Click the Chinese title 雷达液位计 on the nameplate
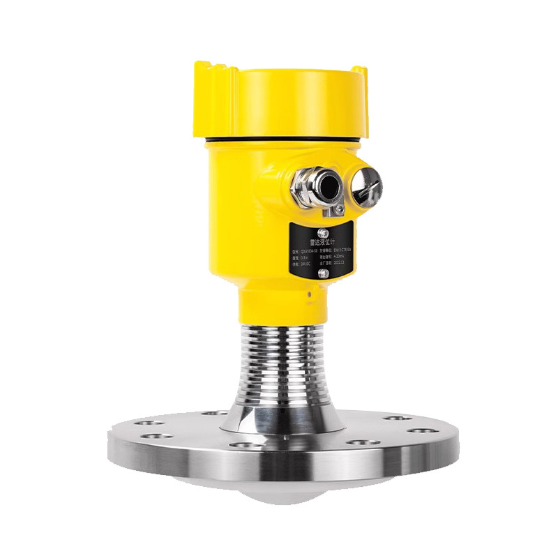pyautogui.click(x=322, y=242)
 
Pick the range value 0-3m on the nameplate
pyautogui.click(x=303, y=258)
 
